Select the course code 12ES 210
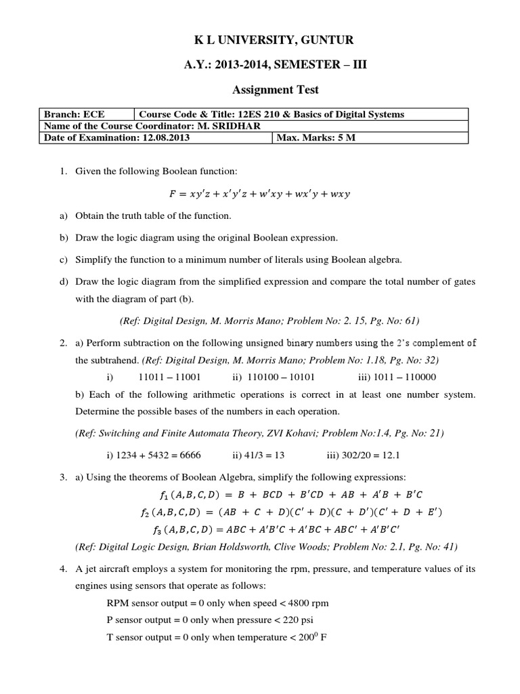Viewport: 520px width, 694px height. pyautogui.click(x=261, y=114)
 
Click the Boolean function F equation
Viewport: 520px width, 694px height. pyautogui.click(x=259, y=194)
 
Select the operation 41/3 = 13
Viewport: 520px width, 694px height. pyautogui.click(x=267, y=454)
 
